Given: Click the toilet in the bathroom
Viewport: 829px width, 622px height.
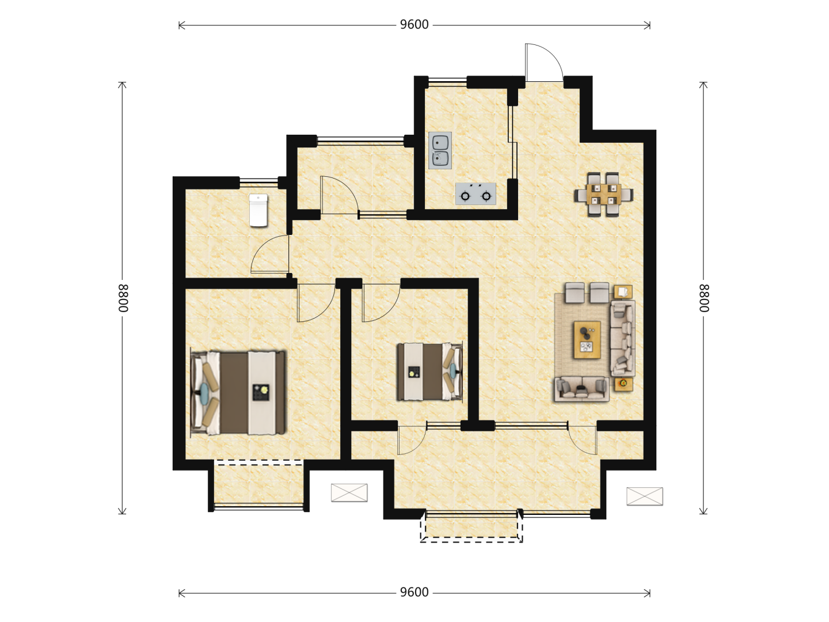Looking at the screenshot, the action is coord(258,210).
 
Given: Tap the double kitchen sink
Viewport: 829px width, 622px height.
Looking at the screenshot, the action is coord(440,150).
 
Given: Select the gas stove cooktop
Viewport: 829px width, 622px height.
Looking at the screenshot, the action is coord(476,194).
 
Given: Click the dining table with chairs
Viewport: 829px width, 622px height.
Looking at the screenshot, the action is coord(604,195).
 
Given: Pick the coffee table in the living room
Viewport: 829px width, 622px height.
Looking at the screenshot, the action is coord(587,340).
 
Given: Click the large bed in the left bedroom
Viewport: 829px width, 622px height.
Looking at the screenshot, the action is coord(238,393).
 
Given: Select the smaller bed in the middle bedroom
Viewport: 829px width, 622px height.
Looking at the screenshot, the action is coord(429,371).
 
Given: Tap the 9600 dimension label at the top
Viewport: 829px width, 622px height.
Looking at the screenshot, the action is coord(414,25).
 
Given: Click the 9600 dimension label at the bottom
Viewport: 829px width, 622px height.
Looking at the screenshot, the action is coord(414,592).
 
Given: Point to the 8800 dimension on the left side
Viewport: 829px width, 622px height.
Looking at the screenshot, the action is coord(123,298).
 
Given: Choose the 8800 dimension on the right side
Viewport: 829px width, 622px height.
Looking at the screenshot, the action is coord(703,298).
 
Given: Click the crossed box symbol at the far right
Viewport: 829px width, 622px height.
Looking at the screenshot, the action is coord(645,496).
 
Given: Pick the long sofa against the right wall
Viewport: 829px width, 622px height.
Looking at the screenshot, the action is coord(622,339).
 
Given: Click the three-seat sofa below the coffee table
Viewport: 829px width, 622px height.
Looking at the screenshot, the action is coord(581,389).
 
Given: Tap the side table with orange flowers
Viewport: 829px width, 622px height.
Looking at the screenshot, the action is coord(623,384).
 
